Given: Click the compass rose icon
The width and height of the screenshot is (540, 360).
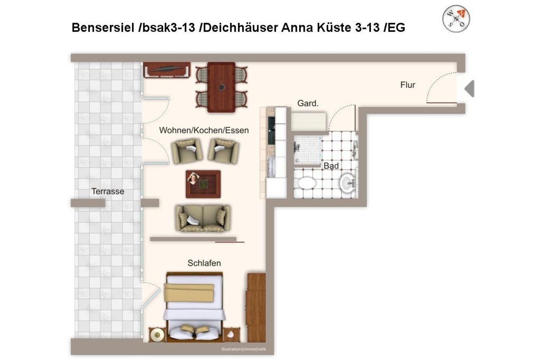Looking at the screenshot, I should pos(456,19).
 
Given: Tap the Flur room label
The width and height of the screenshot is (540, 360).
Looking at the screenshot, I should pos(408,85).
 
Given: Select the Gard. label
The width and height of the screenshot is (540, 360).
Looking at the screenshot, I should pos(307,103).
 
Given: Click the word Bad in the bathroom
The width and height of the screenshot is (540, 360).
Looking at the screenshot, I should pos(331,166).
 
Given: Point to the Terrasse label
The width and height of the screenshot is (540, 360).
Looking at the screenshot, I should pos(108,191).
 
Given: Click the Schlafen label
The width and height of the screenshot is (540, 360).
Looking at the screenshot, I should pos(204,263).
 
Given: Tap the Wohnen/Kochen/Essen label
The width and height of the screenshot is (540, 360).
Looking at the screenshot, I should pos(204,130).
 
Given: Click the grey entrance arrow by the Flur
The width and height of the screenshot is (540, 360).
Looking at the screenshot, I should pos(469,89).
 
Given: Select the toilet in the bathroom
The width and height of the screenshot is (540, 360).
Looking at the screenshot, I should pos(307,183).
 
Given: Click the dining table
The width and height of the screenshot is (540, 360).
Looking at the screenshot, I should pos(221,87).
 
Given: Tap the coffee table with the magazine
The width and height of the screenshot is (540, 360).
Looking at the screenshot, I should pos(203,184).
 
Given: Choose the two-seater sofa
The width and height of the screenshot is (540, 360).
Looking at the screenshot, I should pos(203,218).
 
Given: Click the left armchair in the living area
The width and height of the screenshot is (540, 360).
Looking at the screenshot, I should pos(187,151).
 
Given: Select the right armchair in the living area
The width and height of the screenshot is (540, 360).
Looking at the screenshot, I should pos(223,151).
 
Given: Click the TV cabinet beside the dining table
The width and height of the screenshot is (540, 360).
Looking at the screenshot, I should pos(166,70).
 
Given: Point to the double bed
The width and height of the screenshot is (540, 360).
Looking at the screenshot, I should pos(195,307).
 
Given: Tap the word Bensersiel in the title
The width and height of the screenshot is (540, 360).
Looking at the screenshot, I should pos(103,28).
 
